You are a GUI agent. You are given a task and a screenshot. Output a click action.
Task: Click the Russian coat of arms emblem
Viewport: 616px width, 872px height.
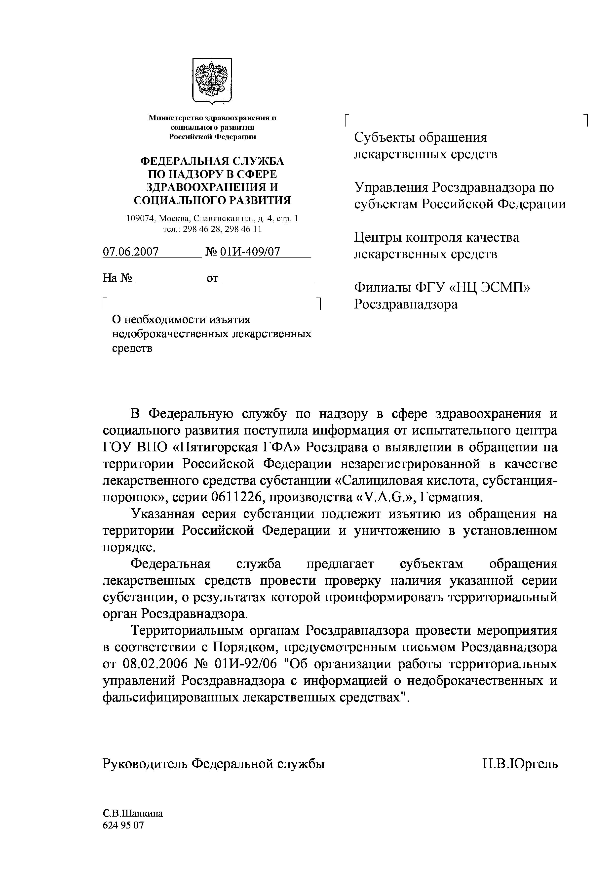[212, 80]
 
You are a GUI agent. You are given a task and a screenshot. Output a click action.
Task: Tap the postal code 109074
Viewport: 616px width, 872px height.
[141, 218]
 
